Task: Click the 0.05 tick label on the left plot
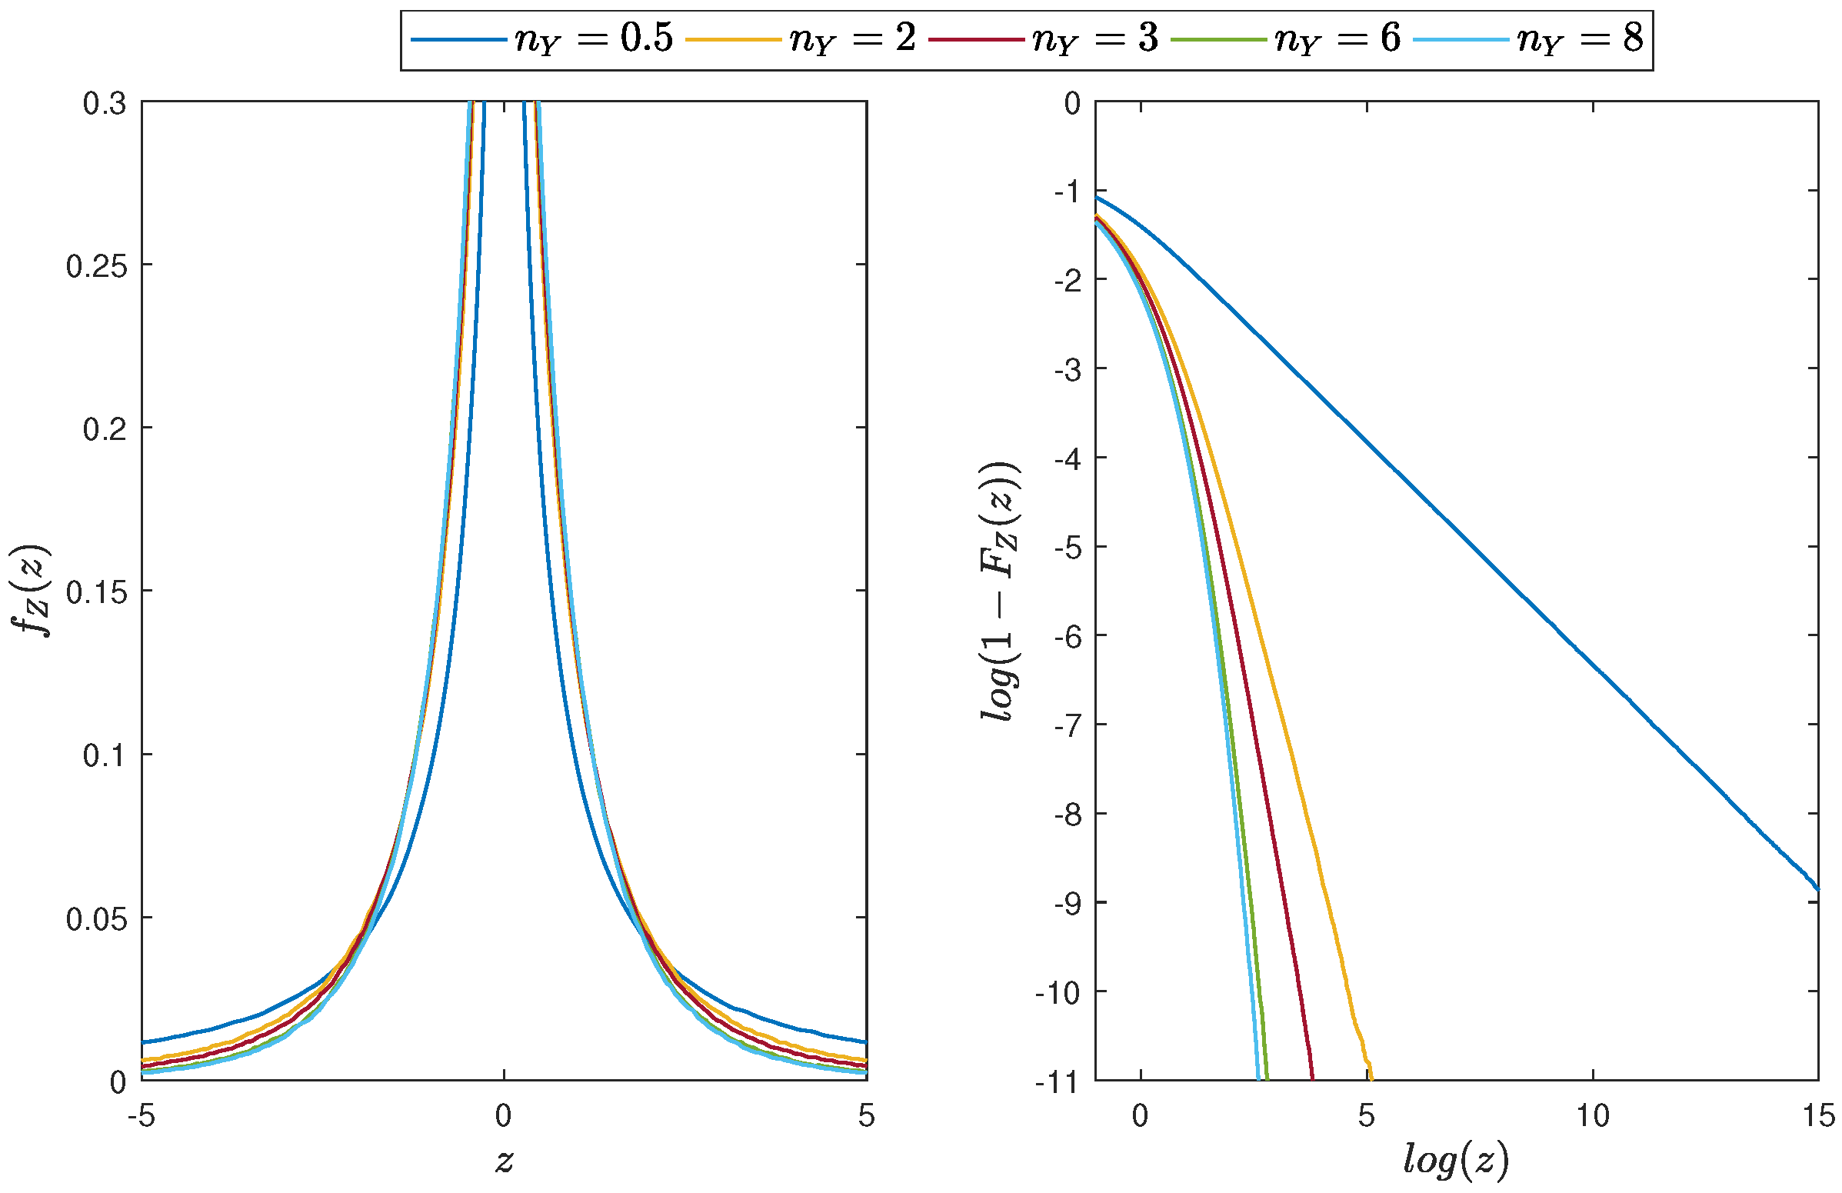97,919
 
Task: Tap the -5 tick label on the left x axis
142,1116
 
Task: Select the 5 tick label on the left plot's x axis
866,1116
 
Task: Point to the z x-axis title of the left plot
504,1160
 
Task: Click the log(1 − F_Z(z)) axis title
1000,592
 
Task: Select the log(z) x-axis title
1456,1160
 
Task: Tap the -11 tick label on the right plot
1058,1081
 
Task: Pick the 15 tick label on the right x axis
1817,1116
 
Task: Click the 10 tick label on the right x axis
1593,1116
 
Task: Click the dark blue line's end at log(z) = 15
1817,888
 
